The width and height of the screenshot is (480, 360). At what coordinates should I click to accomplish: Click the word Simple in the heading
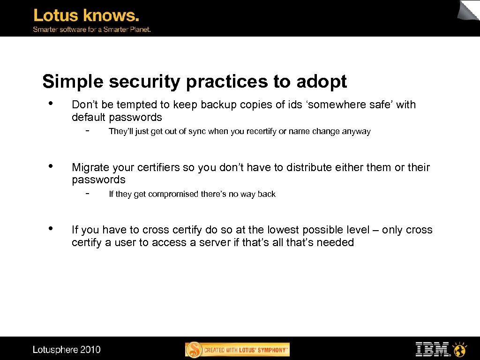pyautogui.click(x=73, y=82)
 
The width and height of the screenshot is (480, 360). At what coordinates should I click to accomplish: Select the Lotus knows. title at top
pyautogui.click(x=86, y=15)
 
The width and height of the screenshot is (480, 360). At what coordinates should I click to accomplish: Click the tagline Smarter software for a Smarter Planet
pyautogui.click(x=91, y=29)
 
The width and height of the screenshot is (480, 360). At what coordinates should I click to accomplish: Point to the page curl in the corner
pyautogui.click(x=469, y=10)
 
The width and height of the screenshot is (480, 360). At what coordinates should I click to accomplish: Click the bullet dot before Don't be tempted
pyautogui.click(x=50, y=103)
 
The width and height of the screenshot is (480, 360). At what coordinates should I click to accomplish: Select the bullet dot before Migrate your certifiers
pyautogui.click(x=50, y=165)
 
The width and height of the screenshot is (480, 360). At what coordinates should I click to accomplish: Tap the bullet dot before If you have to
pyautogui.click(x=50, y=228)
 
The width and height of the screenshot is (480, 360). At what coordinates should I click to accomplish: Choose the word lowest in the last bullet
pyautogui.click(x=283, y=230)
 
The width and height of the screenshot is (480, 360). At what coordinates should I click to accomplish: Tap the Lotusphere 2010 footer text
pyautogui.click(x=67, y=350)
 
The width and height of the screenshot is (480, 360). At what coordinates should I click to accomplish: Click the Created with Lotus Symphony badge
pyautogui.click(x=238, y=350)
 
